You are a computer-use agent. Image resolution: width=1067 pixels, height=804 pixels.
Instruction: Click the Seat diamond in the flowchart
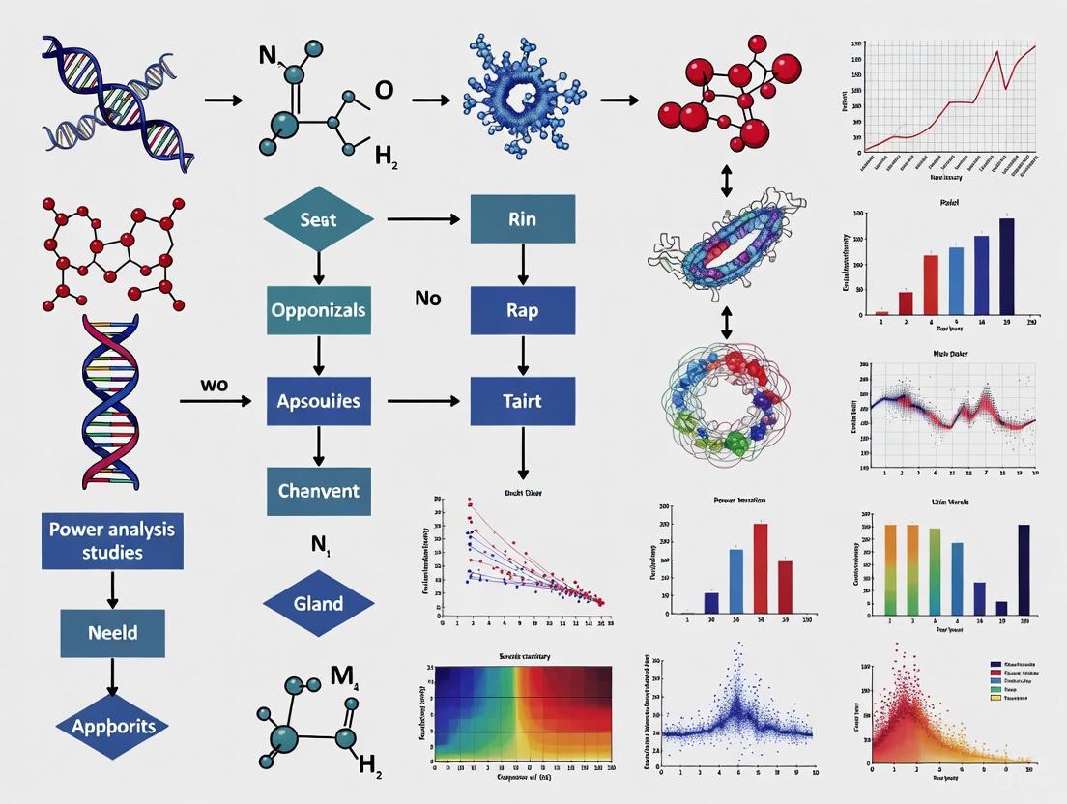click(x=318, y=219)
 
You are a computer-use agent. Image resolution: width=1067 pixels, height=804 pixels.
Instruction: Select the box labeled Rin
click(x=522, y=219)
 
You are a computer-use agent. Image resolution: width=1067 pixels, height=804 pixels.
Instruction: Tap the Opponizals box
click(x=318, y=310)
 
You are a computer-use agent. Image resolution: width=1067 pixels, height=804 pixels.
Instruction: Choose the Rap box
click(x=522, y=310)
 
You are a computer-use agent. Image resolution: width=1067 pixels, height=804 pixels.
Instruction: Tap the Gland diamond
click(x=318, y=604)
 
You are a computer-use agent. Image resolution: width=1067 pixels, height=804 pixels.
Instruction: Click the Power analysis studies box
click(x=112, y=541)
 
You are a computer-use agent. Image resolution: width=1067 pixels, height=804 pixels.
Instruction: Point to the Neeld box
click(x=112, y=633)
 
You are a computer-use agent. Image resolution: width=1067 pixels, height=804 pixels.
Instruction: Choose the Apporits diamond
click(x=112, y=726)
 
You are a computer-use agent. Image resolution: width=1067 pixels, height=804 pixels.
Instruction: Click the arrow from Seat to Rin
click(x=422, y=219)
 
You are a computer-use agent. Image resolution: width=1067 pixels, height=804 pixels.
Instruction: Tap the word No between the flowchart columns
click(x=428, y=298)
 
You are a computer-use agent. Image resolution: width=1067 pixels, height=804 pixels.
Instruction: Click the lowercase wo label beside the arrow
click(x=215, y=384)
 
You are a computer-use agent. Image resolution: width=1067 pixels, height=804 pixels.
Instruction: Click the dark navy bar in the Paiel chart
click(x=1006, y=266)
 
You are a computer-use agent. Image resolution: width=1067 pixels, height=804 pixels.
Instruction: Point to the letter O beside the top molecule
click(x=384, y=90)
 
